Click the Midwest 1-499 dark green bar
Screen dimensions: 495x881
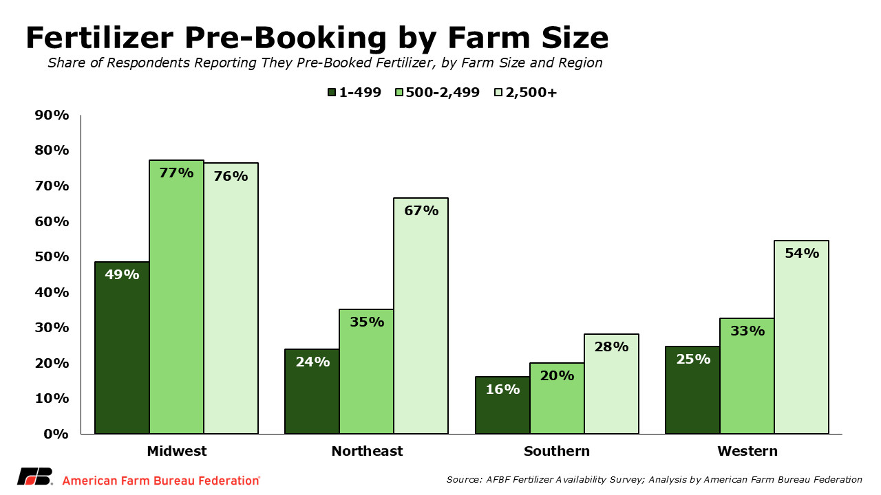[x=122, y=347]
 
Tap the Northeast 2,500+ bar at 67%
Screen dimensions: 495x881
[x=421, y=316]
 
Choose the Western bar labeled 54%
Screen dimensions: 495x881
[x=801, y=337]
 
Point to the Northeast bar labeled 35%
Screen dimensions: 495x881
[x=366, y=371]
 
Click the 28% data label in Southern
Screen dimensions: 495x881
[x=611, y=347]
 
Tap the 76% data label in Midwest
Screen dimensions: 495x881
[x=231, y=176]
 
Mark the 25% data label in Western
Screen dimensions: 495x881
[x=692, y=359]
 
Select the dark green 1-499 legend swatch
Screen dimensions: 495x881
[x=332, y=93]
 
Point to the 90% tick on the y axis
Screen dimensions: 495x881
[x=52, y=115]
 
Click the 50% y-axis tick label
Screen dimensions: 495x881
[x=52, y=256]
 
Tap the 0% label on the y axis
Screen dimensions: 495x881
[x=56, y=434]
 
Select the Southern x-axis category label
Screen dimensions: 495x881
[x=556, y=452]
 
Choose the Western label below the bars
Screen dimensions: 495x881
[x=747, y=452]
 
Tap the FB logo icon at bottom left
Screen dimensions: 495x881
[x=34, y=477]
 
